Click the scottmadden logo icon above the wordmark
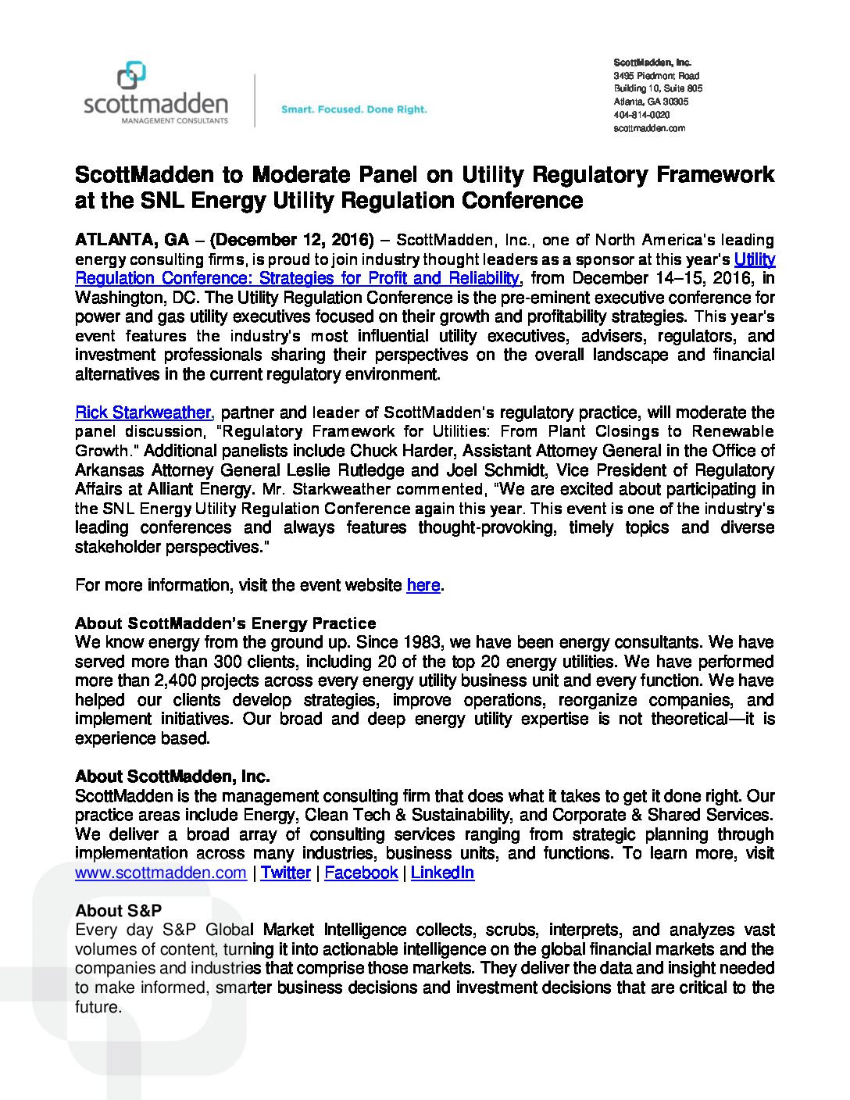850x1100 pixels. [x=131, y=76]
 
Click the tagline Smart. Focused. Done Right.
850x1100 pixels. [x=354, y=109]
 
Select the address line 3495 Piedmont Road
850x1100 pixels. [x=656, y=76]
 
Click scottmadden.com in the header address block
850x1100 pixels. [x=649, y=128]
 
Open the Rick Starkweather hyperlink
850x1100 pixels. [x=143, y=412]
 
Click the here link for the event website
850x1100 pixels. [x=423, y=585]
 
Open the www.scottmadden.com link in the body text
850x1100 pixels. [x=161, y=873]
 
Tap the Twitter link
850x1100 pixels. [x=286, y=873]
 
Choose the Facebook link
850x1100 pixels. [x=361, y=873]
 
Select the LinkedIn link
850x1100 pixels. [x=442, y=873]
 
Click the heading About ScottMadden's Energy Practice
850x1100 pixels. [x=226, y=623]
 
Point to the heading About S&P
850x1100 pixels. [x=119, y=911]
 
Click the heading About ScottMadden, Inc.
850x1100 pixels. [x=173, y=777]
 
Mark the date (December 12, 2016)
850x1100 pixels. [x=292, y=240]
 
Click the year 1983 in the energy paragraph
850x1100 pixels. [x=423, y=643]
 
